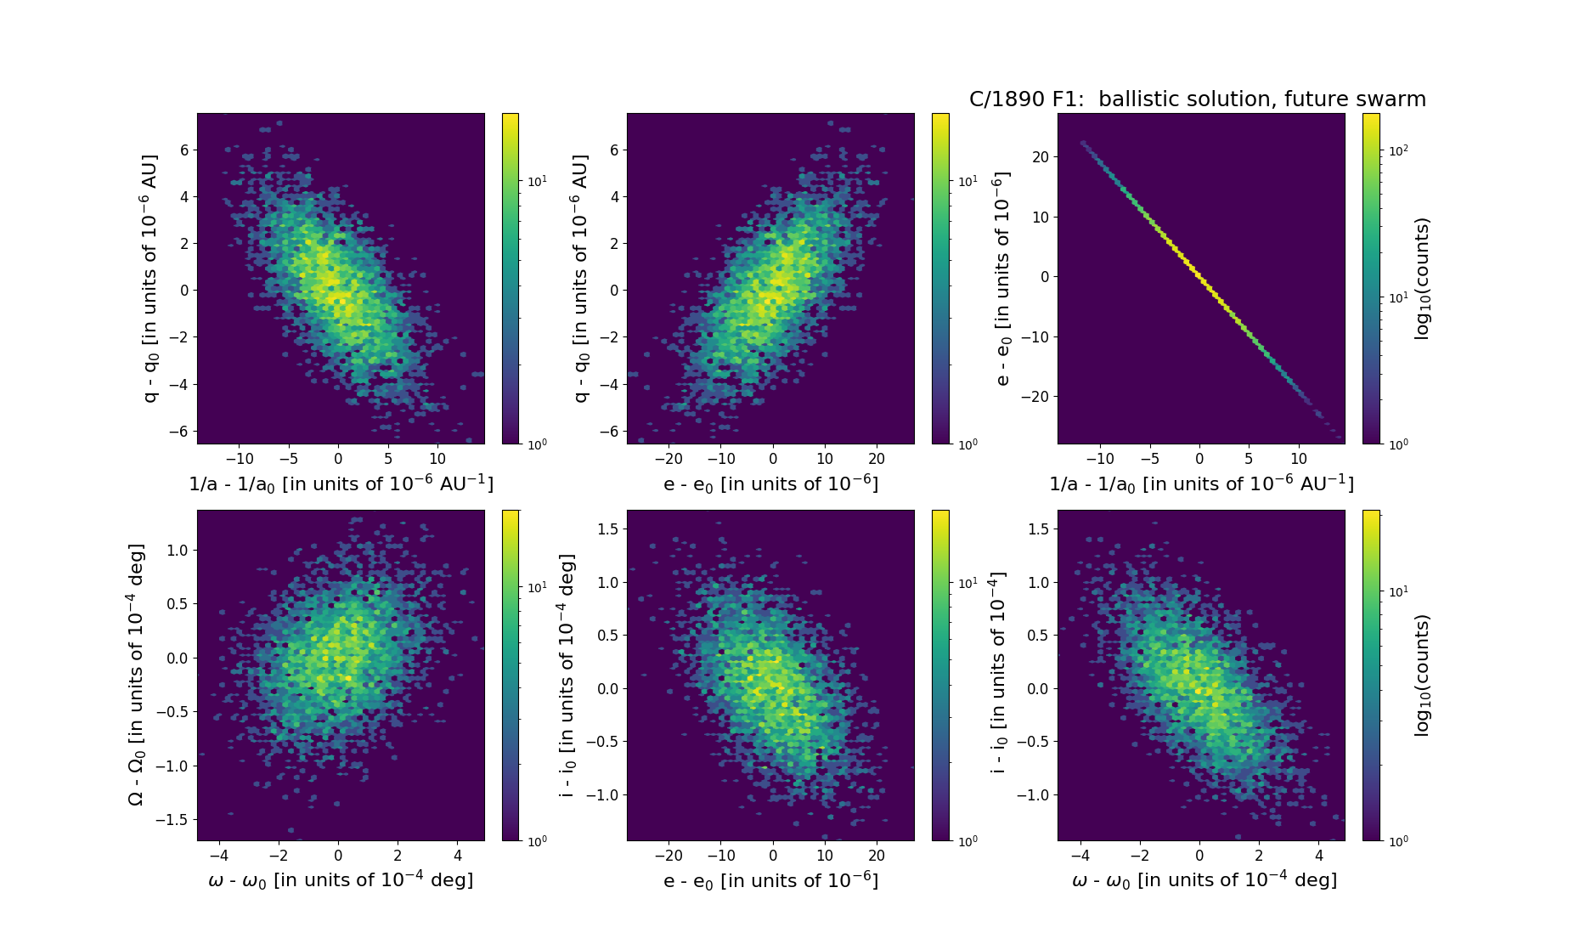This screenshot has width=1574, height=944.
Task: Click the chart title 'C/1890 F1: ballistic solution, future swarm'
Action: tap(1197, 99)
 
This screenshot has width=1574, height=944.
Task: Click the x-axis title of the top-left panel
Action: tap(341, 483)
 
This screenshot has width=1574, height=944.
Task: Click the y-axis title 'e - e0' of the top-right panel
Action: tap(1003, 279)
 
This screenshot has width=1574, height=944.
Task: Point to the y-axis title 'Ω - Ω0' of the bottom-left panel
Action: tap(136, 675)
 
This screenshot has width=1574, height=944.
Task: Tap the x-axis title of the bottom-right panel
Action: tap(1204, 880)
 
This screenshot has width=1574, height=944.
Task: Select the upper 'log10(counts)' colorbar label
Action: tap(1422, 279)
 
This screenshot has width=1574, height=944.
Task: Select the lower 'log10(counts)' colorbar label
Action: tap(1422, 675)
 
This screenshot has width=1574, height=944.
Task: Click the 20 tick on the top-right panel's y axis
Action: tap(1040, 157)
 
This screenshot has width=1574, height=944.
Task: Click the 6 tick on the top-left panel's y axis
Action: tap(183, 150)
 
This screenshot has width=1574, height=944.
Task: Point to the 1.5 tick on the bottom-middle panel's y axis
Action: tap(607, 529)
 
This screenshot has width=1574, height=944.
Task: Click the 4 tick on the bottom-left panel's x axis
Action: tap(458, 856)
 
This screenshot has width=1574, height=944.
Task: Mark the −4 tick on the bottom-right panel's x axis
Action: tap(1080, 856)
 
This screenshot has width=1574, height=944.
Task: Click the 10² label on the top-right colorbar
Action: tap(1398, 150)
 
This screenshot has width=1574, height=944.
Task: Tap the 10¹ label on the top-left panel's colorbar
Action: tap(538, 181)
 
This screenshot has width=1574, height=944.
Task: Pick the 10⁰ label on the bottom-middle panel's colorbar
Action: tap(968, 840)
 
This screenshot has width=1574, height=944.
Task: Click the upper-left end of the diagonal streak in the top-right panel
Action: tap(1082, 142)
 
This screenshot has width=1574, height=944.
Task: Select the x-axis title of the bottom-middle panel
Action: tap(770, 880)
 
